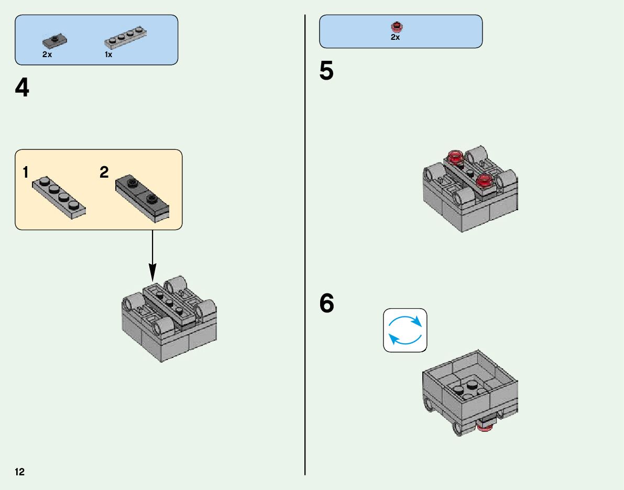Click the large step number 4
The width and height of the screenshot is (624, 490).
pos(23,88)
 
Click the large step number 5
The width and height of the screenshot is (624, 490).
pos(326,72)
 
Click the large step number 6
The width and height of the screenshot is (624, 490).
pos(326,304)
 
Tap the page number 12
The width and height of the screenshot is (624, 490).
pos(19,472)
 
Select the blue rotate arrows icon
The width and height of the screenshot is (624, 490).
pos(405,330)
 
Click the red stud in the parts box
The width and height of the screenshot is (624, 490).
pos(396,26)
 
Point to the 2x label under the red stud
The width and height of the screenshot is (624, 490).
pos(395,37)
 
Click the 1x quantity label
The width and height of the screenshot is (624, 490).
pos(108,55)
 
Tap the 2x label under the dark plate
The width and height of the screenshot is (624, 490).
pos(47,55)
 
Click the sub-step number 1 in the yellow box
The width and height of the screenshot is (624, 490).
pos(26,172)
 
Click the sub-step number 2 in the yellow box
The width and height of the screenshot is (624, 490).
pos(104,172)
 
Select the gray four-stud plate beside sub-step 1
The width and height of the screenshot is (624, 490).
pos(59,196)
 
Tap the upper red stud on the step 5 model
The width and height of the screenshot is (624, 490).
pos(454,156)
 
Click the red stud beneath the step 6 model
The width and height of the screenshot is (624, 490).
pos(484,427)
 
